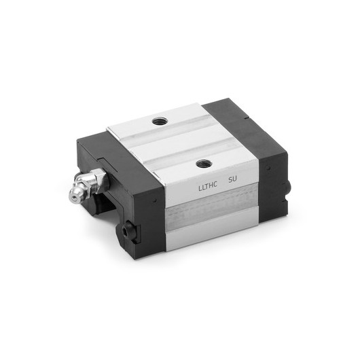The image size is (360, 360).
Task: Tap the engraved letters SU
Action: tap(233, 181)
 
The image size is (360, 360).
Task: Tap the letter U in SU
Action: tap(236, 181)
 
